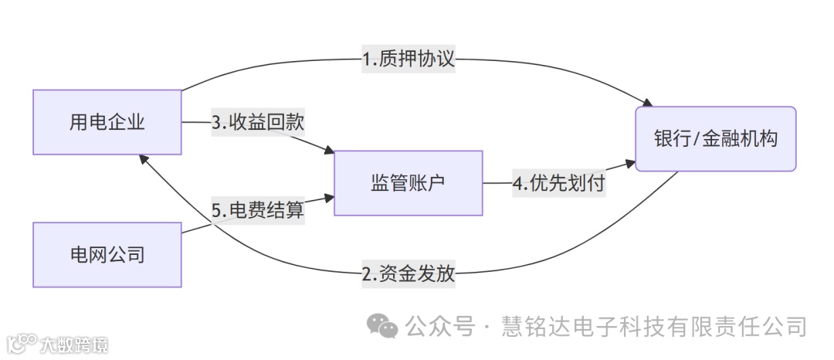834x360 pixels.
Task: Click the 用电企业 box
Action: pos(107,122)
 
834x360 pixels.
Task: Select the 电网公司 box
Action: pos(107,254)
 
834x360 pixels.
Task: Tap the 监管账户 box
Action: pos(408,183)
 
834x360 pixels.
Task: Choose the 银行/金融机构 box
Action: pos(715,138)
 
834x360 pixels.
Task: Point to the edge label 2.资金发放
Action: pos(409,273)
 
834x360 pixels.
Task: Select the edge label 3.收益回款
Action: pos(258,122)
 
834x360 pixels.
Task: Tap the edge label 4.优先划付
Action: pos(558,184)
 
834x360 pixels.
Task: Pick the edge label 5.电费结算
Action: pos(258,209)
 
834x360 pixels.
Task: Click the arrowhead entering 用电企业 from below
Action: pos(144,158)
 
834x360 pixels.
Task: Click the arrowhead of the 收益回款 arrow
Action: pos(328,151)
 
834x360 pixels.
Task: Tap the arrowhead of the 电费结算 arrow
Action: pos(328,199)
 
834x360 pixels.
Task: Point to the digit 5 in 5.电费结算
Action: pos(217,209)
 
